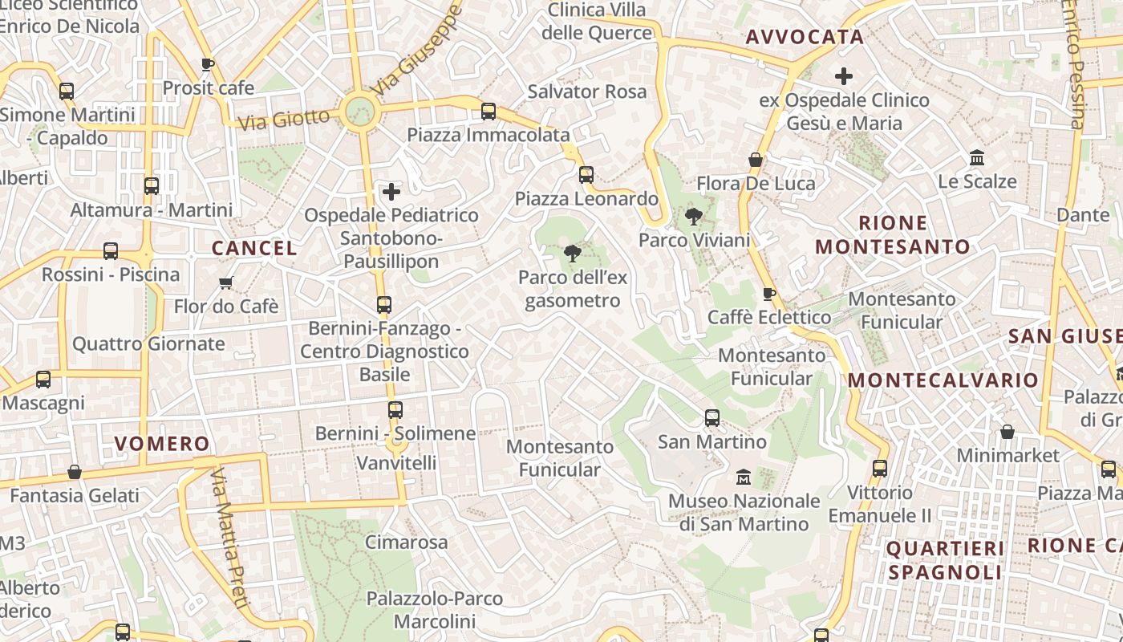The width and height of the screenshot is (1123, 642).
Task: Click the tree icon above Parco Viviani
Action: pyautogui.click(x=693, y=216)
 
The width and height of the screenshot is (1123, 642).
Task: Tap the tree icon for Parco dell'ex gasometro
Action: pyautogui.click(x=572, y=254)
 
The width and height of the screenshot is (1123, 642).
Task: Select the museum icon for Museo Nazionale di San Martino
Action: pyautogui.click(x=744, y=477)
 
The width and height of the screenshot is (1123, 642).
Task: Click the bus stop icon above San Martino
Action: pyautogui.click(x=712, y=418)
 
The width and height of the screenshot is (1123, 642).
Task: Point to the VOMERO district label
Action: pyautogui.click(x=162, y=444)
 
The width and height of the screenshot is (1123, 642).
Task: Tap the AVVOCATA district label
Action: pyautogui.click(x=805, y=37)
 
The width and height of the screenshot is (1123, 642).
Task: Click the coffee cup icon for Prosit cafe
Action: pyautogui.click(x=208, y=64)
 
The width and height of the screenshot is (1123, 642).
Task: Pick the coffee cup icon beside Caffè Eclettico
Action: pyautogui.click(x=768, y=294)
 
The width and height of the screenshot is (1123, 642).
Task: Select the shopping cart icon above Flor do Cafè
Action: pyautogui.click(x=226, y=282)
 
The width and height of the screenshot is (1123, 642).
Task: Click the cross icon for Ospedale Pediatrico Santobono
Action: pyautogui.click(x=391, y=192)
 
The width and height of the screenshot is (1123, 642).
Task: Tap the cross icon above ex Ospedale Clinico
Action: pyautogui.click(x=843, y=76)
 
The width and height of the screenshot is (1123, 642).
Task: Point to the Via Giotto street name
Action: pyautogui.click(x=285, y=120)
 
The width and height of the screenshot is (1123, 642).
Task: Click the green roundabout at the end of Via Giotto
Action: pyautogui.click(x=359, y=112)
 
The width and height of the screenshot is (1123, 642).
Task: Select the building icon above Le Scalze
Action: pyautogui.click(x=977, y=157)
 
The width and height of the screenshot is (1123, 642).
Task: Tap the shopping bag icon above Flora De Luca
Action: pyautogui.click(x=755, y=160)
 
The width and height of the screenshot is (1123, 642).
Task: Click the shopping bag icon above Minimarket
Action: pyautogui.click(x=1007, y=432)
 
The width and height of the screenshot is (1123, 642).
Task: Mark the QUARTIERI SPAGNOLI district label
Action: pyautogui.click(x=945, y=560)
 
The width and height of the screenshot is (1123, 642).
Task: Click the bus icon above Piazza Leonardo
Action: pyautogui.click(x=586, y=175)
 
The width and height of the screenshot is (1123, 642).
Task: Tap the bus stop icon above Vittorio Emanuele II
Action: pyautogui.click(x=879, y=469)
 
